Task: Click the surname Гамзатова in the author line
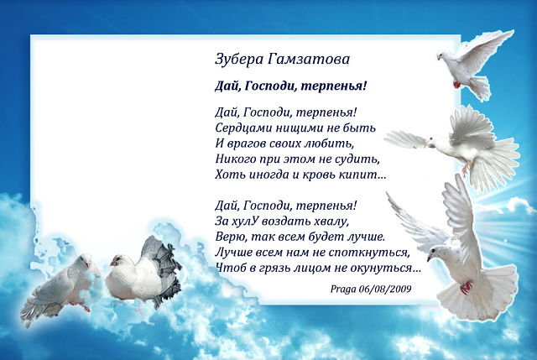tap(308, 60)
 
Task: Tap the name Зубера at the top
tap(239, 60)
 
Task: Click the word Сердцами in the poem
tap(239, 128)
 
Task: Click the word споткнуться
tap(369, 253)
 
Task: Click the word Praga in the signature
tap(343, 290)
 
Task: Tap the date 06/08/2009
tap(385, 290)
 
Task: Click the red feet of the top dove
tap(456, 84)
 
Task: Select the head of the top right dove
tap(444, 56)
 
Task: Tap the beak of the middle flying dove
tap(425, 143)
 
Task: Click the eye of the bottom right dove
tap(433, 250)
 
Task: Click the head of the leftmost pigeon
tap(84, 260)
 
